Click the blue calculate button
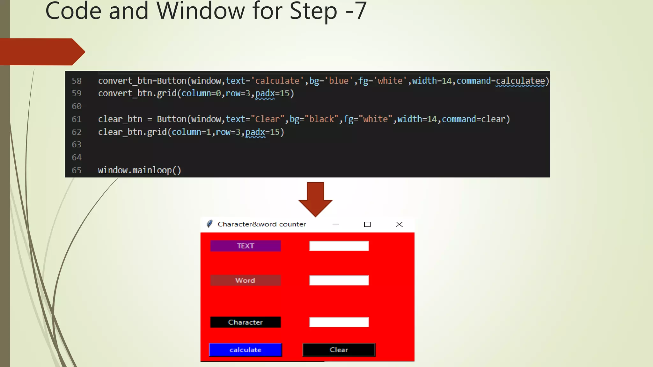[x=246, y=350]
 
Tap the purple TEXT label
[x=246, y=246]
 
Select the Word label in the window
[x=246, y=280]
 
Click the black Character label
[x=246, y=322]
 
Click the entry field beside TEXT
[x=339, y=246]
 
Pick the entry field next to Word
[x=339, y=280]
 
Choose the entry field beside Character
[x=339, y=322]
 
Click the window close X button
[x=399, y=224]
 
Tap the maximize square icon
[x=367, y=224]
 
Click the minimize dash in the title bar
[x=336, y=224]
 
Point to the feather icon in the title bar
[x=209, y=224]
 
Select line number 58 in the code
[x=77, y=81]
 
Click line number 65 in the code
[x=77, y=170]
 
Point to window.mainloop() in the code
[x=139, y=170]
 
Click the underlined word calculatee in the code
[x=520, y=81]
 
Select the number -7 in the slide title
[x=356, y=11]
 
